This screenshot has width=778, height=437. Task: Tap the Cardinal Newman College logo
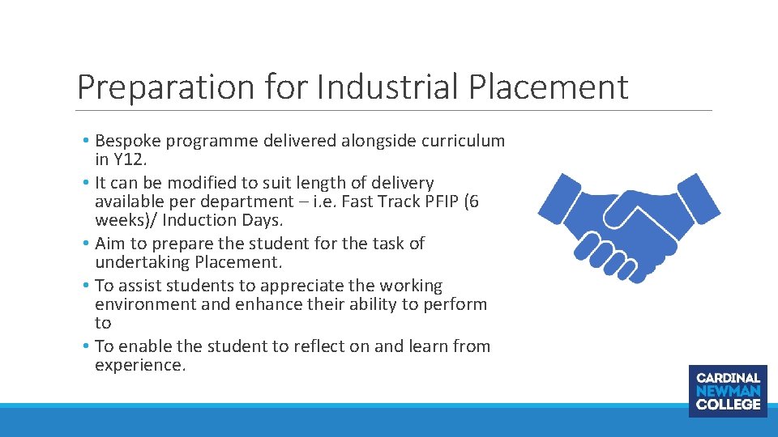728,391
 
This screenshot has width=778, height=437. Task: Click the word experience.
139,365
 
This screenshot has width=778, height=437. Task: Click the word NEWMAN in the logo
728,391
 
